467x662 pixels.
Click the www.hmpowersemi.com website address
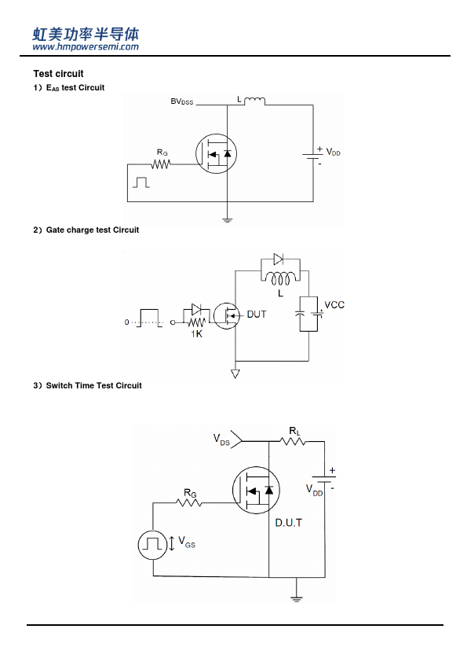[x=86, y=47]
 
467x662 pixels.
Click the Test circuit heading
[x=59, y=74]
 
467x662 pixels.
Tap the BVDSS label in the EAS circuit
[x=182, y=101]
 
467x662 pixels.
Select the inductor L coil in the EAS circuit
[x=254, y=101]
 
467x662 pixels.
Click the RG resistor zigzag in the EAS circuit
[x=161, y=164]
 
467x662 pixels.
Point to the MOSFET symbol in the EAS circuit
[x=216, y=153]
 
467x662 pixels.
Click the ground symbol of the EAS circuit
[x=227, y=219]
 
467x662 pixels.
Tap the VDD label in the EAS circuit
[x=333, y=153]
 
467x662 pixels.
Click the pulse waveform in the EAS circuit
[x=141, y=182]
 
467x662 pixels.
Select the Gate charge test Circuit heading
[x=93, y=230]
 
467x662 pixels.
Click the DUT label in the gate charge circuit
[x=257, y=314]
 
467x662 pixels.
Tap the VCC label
[x=334, y=305]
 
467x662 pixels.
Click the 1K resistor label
[x=197, y=334]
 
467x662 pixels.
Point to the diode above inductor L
[x=279, y=259]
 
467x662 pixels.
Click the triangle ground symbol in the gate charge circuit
[x=235, y=373]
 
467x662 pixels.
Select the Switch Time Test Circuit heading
[x=93, y=385]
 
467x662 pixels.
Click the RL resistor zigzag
[x=293, y=442]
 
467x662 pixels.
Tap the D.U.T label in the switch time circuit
[x=289, y=523]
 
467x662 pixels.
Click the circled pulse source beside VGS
[x=152, y=545]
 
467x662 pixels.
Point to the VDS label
[x=221, y=439]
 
